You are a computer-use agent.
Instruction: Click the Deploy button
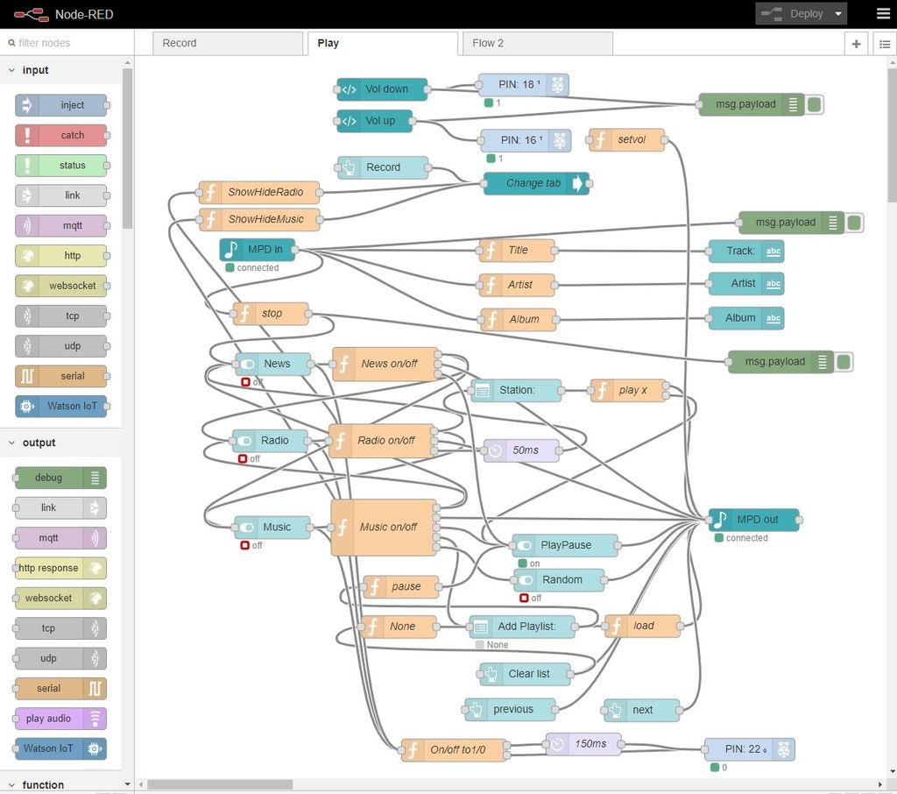801,14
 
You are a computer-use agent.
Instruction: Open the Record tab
228,44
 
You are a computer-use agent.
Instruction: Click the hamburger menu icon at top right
883,14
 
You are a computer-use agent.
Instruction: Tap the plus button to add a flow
857,44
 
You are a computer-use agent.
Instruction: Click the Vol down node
382,89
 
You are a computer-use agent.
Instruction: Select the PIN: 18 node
524,85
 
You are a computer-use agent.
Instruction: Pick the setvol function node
626,139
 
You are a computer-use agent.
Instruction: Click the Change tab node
536,183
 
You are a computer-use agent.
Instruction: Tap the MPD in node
258,250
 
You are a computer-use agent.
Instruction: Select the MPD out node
753,520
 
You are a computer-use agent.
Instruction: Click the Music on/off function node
384,528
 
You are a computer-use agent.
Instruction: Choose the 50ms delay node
521,450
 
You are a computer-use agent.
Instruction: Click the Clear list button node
525,674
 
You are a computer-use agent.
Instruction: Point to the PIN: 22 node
750,749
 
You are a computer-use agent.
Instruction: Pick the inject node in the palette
60,105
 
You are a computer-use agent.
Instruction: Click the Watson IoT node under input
60,407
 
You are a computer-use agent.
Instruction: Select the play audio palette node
60,719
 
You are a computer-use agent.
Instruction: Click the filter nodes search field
67,43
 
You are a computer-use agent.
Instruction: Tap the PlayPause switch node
565,546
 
